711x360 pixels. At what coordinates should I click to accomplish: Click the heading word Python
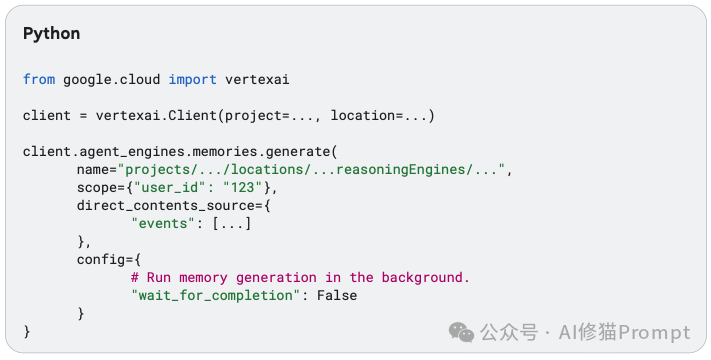(52, 33)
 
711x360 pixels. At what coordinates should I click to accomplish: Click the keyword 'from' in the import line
(39, 78)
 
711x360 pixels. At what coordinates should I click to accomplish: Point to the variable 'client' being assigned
(47, 116)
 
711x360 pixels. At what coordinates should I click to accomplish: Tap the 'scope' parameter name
(97, 187)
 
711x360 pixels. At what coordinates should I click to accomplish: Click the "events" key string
(162, 223)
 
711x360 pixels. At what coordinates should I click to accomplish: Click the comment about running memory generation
(300, 277)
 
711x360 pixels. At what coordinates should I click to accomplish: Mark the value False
(336, 295)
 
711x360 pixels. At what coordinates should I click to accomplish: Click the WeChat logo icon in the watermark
(462, 332)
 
